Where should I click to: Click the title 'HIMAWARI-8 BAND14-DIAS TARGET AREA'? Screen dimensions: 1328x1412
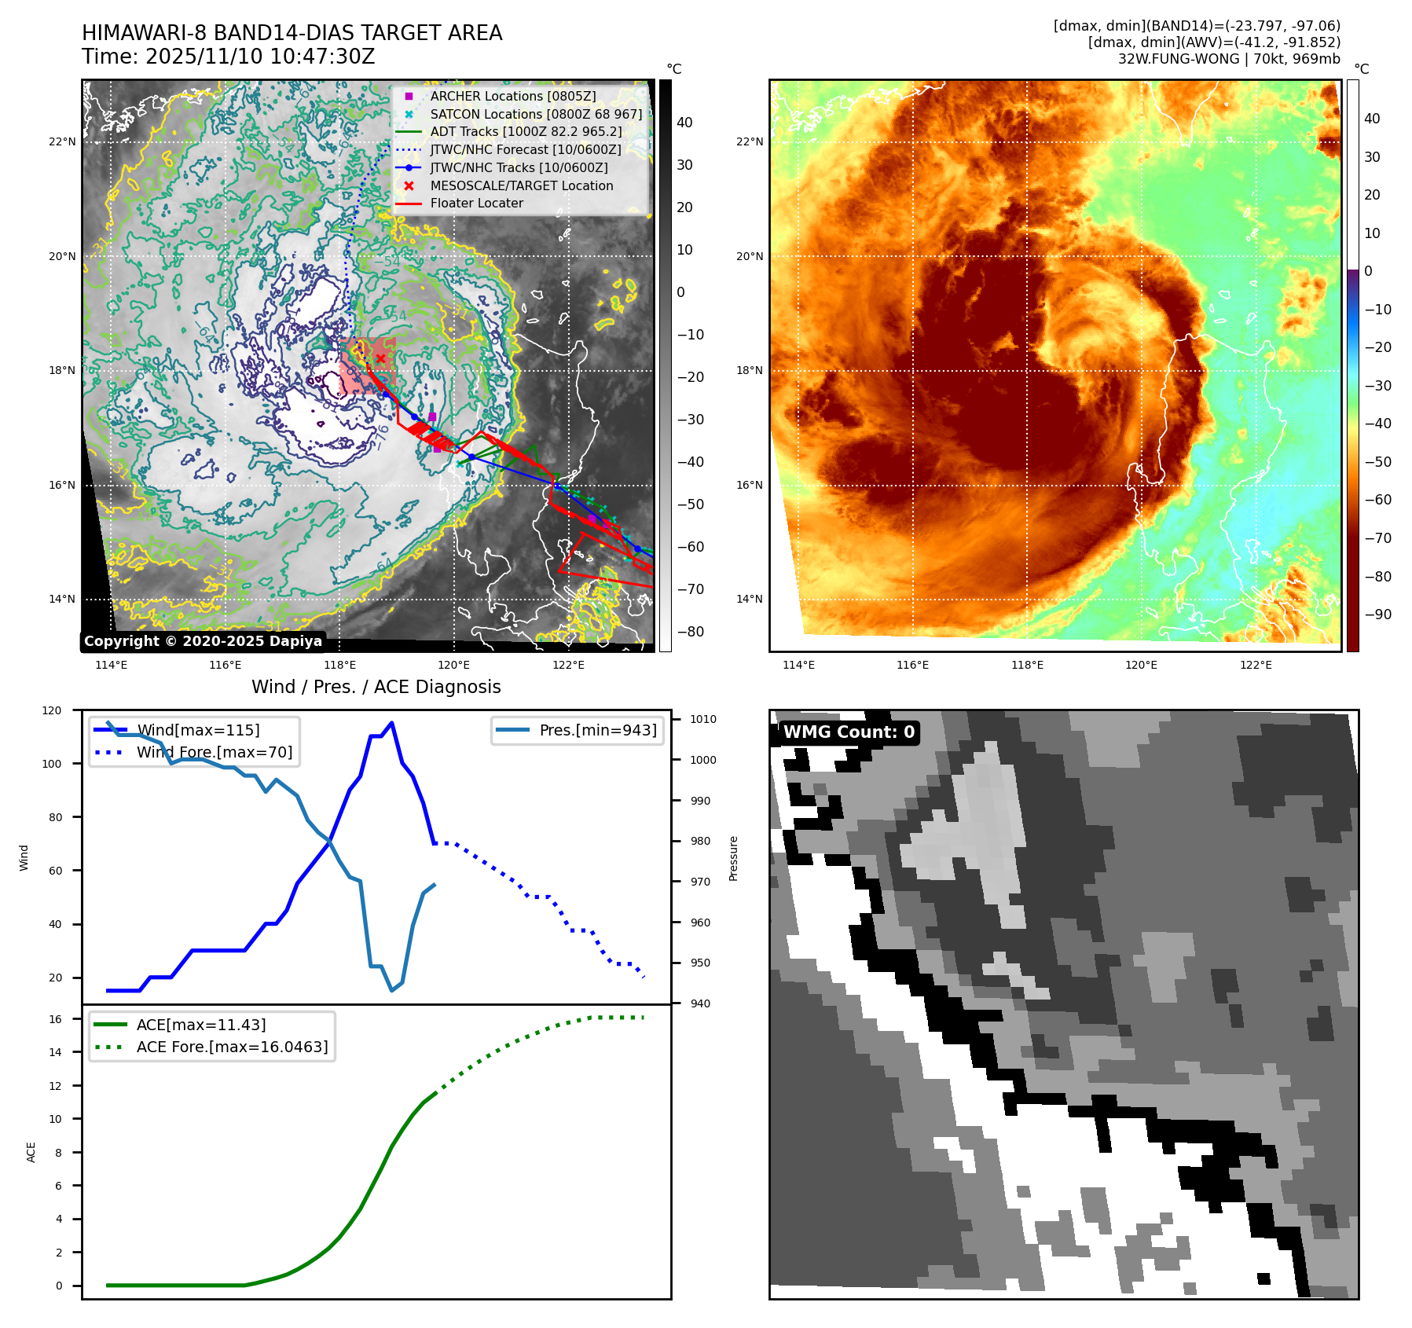(x=292, y=33)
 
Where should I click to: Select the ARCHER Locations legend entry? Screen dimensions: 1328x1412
(x=512, y=96)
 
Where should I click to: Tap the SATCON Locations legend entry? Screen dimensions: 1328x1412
(x=535, y=114)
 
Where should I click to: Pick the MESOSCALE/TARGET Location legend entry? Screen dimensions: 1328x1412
(x=521, y=185)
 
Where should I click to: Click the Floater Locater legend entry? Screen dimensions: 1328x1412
(x=476, y=203)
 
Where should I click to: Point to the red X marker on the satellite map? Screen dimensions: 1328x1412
(x=381, y=358)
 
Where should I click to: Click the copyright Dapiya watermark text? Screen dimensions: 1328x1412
(x=203, y=641)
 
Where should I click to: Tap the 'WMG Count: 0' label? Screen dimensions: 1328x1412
(x=849, y=732)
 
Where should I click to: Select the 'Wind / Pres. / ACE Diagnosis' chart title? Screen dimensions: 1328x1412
(x=376, y=687)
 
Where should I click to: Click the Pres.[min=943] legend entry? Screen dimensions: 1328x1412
(x=597, y=730)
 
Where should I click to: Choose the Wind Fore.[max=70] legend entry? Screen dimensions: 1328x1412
(x=214, y=752)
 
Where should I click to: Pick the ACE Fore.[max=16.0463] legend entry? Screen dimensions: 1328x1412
(x=232, y=1047)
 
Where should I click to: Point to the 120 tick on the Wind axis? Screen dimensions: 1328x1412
(x=52, y=710)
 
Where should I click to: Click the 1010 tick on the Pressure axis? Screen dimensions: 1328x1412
(x=703, y=719)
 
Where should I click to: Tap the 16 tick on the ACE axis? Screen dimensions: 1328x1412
(x=56, y=1019)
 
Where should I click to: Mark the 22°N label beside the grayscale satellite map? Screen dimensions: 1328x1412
(x=62, y=142)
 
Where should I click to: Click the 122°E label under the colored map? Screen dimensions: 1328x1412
(x=1256, y=665)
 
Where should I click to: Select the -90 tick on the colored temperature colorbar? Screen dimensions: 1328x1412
(x=1377, y=614)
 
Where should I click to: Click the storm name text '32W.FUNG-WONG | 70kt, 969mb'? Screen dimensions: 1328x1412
(x=1229, y=59)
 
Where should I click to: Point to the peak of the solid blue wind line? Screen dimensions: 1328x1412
(x=392, y=723)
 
